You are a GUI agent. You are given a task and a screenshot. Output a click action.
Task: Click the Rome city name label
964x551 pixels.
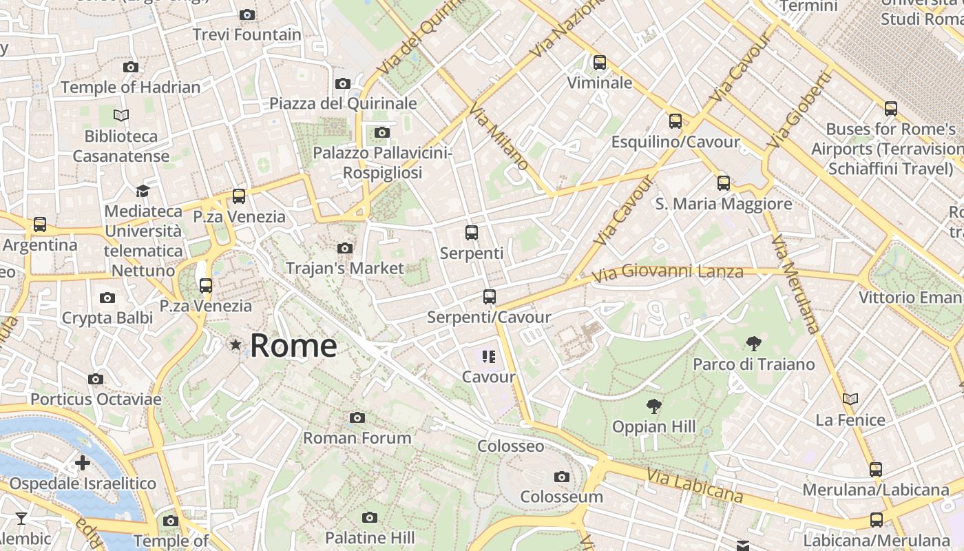pos(293,345)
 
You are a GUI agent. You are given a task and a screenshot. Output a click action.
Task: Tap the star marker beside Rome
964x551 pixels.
pos(235,344)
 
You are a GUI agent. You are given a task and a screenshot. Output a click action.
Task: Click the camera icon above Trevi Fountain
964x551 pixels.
pos(247,14)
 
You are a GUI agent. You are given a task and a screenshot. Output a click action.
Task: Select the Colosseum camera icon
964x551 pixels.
pos(561,477)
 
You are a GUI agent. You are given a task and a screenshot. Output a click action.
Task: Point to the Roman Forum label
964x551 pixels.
pos(357,437)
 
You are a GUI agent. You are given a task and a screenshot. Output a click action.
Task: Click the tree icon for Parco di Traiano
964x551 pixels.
pos(753,343)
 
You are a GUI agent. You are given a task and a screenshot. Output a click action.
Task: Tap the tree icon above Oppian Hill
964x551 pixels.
pos(653,406)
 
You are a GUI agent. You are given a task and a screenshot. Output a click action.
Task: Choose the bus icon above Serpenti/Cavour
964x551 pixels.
pos(489,297)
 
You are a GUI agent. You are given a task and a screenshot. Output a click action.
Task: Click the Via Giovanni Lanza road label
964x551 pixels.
pos(668,272)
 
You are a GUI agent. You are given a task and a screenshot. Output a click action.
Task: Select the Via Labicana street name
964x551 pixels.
pos(695,486)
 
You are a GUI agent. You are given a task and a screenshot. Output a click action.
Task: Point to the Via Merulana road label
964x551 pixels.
pos(795,284)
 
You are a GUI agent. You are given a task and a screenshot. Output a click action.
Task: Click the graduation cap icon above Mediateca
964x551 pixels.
pos(143,191)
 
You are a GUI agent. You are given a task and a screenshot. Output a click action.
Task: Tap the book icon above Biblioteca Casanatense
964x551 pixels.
pos(121,116)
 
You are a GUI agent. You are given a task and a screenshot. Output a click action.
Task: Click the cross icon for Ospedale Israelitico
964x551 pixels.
pos(83,462)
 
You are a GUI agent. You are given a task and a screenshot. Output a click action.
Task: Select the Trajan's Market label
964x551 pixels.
pos(344,268)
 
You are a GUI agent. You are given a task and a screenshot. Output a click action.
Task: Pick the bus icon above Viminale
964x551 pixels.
pos(599,63)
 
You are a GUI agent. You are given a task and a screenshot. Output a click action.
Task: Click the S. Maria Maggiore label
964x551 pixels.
pos(723,204)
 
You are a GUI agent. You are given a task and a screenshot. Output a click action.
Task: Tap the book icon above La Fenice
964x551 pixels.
pos(850,399)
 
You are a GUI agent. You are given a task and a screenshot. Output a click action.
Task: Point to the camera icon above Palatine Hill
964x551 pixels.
pos(370,517)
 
